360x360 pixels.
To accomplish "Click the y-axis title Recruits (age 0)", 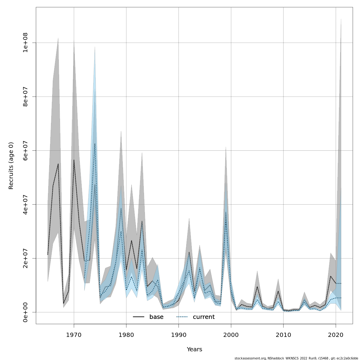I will click(x=11, y=166).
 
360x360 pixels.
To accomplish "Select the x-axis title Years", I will click(x=194, y=349).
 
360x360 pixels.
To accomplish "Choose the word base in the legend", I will click(x=156, y=317).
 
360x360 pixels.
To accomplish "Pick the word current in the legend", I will click(x=204, y=317).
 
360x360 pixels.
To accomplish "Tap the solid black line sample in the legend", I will click(x=139, y=317).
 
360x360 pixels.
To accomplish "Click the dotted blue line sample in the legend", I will click(x=182, y=317).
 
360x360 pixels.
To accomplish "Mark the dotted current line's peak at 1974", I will click(x=95, y=144).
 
